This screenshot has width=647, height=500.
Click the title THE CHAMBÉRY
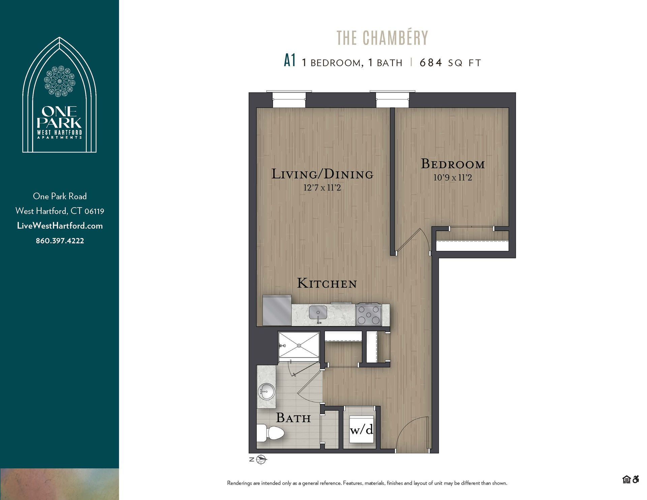[382, 38]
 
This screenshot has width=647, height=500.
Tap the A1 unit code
[289, 61]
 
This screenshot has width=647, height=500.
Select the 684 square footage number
[431, 63]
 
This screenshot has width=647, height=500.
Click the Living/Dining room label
[322, 174]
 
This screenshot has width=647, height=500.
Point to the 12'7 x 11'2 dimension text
[322, 188]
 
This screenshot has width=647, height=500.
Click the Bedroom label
[453, 164]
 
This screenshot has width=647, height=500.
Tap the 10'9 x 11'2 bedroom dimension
[453, 178]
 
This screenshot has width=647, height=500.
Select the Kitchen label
[327, 283]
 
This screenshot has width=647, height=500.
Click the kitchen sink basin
[318, 312]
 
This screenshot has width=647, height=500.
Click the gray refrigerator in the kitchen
[277, 311]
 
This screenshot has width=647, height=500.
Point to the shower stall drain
[299, 345]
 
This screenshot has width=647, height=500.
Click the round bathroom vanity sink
[266, 392]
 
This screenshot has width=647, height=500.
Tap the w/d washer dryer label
[361, 430]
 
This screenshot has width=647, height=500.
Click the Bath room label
[293, 418]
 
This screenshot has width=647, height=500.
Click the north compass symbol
[261, 460]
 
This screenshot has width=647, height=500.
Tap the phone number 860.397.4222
[60, 241]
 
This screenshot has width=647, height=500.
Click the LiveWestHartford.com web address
[60, 226]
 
